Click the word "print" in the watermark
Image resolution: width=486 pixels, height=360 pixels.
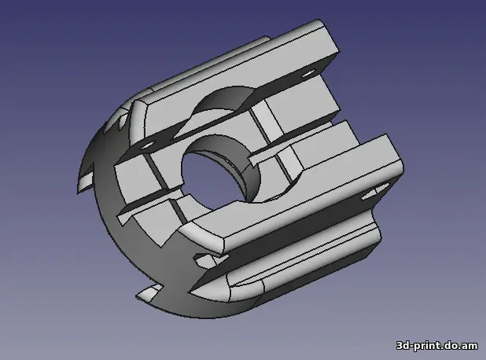pos(426,345)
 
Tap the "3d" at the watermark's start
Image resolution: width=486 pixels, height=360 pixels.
pos(403,345)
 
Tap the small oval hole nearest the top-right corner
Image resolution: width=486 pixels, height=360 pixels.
pos(307,74)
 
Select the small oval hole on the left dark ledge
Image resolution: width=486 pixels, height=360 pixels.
pos(146,145)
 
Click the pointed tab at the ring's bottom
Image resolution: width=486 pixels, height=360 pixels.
pos(149,292)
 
